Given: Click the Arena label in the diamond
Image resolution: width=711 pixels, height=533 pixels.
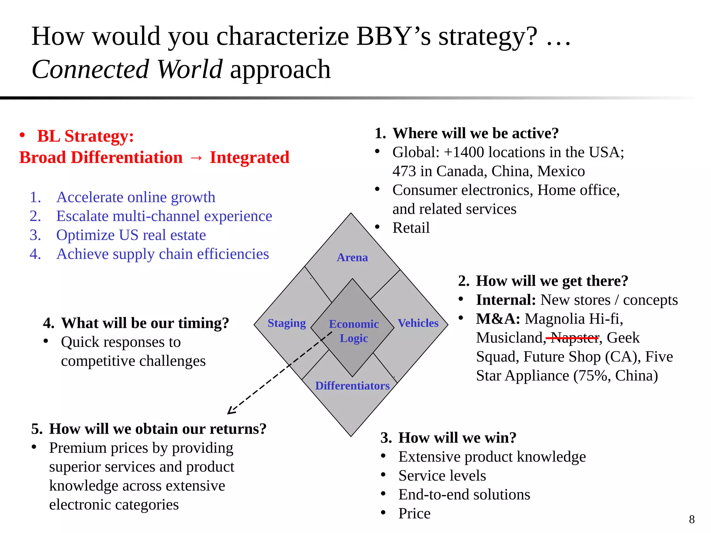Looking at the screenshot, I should pos(352,257).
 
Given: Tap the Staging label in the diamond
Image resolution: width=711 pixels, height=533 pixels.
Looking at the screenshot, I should pos(286,323).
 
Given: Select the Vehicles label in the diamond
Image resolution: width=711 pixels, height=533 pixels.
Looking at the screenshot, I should pos(418,323).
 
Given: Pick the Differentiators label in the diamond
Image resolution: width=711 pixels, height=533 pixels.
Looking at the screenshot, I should pos(352,386).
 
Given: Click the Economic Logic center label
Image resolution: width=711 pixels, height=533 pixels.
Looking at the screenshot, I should pos(353,331).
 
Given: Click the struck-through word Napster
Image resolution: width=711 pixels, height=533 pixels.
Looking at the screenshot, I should pos(575,338).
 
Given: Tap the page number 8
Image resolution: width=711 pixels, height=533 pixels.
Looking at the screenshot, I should pos(692,519).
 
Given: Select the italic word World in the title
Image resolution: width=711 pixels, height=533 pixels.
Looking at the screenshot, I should pos(189,69).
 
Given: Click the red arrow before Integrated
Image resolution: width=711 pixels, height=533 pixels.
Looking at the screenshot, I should pos(196,158).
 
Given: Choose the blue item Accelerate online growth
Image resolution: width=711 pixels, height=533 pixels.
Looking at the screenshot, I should pos(136,197).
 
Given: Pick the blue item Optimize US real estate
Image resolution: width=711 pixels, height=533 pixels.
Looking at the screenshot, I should pos(131,235).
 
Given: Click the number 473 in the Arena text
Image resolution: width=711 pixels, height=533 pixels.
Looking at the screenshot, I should pos(404,171).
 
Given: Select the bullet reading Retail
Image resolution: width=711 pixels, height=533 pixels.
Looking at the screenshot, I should pos(411,228).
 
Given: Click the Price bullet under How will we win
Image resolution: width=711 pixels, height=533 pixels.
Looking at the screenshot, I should pos(414,513).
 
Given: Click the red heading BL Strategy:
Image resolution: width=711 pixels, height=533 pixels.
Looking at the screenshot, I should pos(85,136).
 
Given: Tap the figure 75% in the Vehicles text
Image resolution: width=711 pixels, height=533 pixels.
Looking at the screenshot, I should pos(593,375).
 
